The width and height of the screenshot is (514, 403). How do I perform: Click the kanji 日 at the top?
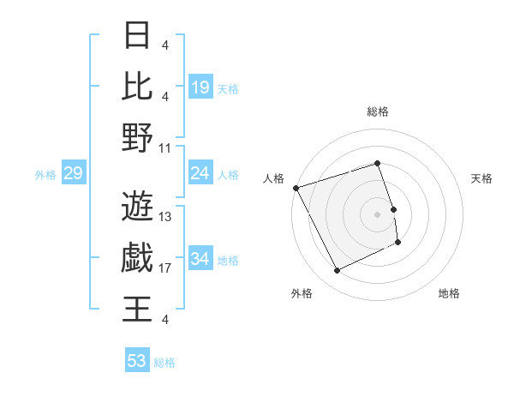click(x=137, y=35)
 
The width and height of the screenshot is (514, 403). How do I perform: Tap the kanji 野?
click(x=137, y=137)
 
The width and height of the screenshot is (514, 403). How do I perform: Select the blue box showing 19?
click(x=200, y=87)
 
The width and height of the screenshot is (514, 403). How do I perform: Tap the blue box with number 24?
click(x=200, y=174)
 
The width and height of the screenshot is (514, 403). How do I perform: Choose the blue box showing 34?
click(x=200, y=260)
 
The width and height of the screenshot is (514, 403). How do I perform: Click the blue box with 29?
click(x=73, y=174)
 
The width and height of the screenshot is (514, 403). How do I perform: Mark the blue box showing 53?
click(x=137, y=361)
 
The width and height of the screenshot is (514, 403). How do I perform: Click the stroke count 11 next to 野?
click(x=165, y=148)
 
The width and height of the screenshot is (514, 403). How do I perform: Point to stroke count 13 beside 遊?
click(x=165, y=217)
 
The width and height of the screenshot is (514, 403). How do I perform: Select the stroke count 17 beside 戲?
click(x=165, y=268)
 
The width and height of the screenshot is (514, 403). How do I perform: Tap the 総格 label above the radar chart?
click(x=378, y=111)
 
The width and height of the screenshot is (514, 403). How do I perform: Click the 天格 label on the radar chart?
click(x=481, y=178)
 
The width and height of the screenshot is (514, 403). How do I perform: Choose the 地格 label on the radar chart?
click(x=449, y=294)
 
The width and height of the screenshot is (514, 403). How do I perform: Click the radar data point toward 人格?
click(x=296, y=188)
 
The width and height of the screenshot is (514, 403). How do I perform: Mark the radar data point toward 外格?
click(x=337, y=271)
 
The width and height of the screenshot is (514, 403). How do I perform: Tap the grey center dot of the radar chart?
click(x=378, y=214)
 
